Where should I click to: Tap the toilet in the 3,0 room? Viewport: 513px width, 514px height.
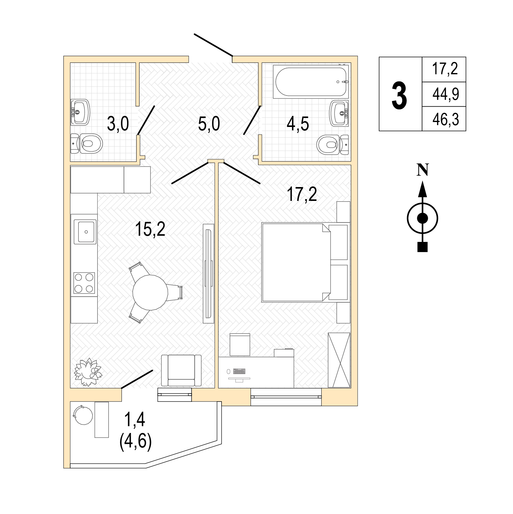click(86, 144)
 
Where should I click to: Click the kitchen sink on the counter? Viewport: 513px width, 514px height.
click(86, 231)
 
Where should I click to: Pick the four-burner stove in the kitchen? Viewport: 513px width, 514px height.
click(84, 283)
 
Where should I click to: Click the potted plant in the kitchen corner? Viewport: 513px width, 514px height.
click(88, 372)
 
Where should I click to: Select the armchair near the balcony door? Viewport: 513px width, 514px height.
click(181, 370)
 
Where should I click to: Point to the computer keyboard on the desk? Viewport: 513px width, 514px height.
click(240, 371)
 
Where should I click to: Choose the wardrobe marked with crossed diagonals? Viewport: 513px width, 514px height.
click(339, 360)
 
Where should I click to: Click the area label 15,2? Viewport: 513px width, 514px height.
click(150, 230)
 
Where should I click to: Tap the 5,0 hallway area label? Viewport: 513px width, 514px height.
click(209, 124)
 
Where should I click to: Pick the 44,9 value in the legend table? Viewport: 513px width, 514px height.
click(446, 94)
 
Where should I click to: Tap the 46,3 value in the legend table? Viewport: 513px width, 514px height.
click(446, 119)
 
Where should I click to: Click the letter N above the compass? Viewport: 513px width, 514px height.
click(423, 170)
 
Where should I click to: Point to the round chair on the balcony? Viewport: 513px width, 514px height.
click(82, 415)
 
